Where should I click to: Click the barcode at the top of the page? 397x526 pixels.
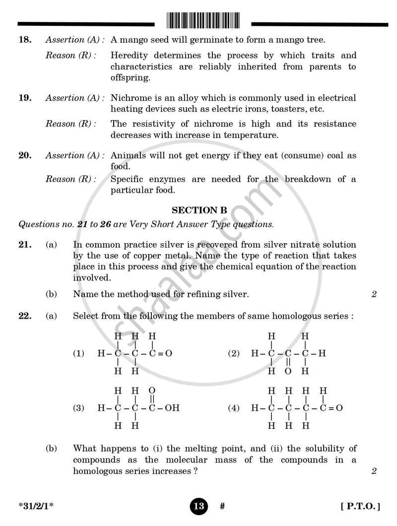pos(202,20)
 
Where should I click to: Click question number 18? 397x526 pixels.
pos(25,40)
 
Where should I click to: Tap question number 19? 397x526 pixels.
pos(25,98)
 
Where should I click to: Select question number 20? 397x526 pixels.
pos(25,156)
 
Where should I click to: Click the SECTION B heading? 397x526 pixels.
pos(199,210)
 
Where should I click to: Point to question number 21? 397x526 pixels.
pos(25,245)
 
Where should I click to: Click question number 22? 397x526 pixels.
pos(25,316)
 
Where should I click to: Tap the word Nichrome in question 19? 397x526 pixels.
pos(131,98)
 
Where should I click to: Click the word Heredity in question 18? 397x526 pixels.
pos(130,56)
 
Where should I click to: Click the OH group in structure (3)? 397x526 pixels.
pos(172,408)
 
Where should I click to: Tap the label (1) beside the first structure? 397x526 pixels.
pos(79,354)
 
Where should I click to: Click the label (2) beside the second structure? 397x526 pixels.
pos(234,354)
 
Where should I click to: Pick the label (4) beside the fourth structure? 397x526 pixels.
pos(234,408)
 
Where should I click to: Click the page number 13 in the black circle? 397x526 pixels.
pos(198,507)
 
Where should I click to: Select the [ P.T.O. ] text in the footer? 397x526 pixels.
pos(361,507)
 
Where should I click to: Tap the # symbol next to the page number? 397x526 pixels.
pos(222,507)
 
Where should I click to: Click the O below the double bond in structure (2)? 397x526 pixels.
pos(288,371)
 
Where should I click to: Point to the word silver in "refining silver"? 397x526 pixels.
pos(233,294)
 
